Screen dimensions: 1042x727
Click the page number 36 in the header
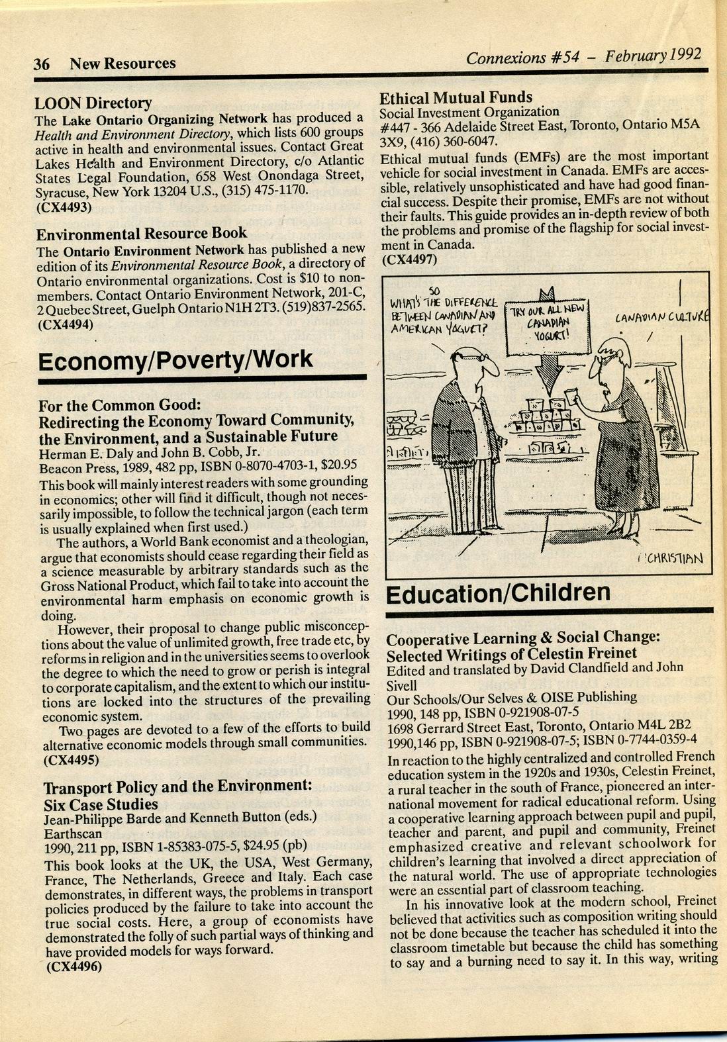coord(42,64)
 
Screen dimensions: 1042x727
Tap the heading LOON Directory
coord(93,103)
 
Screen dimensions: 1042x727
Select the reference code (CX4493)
coord(64,206)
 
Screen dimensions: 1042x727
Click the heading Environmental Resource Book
coord(141,234)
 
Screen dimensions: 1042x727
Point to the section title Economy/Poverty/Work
coord(175,360)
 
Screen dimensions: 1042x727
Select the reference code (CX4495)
coord(71,759)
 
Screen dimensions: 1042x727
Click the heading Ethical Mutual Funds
coord(456,98)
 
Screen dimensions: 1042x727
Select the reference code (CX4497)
coord(410,260)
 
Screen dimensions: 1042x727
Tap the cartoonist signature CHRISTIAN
coord(671,557)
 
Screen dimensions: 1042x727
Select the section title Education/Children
coord(497,593)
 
